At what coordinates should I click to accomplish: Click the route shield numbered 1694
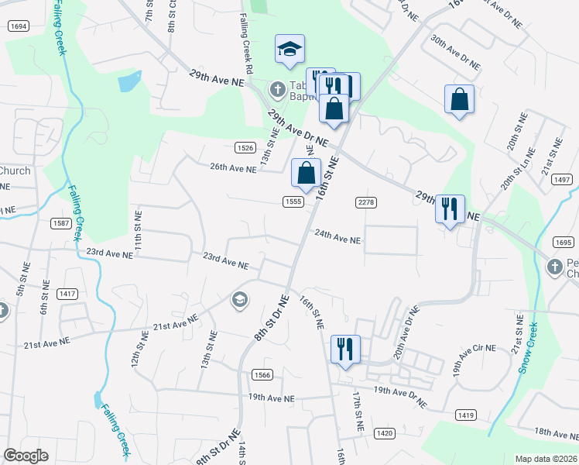pos(19,26)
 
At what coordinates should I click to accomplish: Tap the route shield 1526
pos(245,147)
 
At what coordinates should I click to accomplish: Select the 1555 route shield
pos(293,201)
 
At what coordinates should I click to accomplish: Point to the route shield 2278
pos(366,202)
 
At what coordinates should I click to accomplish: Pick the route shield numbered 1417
pos(67,294)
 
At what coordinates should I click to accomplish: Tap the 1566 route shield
pos(262,374)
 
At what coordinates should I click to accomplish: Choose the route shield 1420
pos(385,432)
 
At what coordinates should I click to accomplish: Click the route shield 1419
pos(466,416)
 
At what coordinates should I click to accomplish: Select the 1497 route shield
pos(563,180)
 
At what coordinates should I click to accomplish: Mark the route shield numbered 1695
pos(564,243)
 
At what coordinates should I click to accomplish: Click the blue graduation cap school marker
pos(289,50)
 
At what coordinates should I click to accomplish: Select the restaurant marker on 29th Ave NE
pos(449,208)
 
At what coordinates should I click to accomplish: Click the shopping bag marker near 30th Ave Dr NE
pos(459,100)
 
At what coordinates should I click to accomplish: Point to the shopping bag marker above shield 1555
pos(306,174)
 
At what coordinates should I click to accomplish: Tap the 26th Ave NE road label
pos(233,168)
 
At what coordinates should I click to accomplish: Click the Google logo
pos(26,456)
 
